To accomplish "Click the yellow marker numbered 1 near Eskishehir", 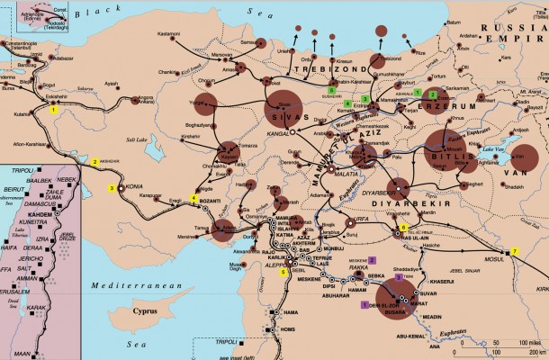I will pyautogui.click(x=54, y=109).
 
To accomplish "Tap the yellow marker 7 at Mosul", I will pyautogui.click(x=515, y=249).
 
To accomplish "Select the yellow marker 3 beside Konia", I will pyautogui.click(x=112, y=188).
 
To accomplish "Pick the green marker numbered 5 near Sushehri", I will pyautogui.click(x=332, y=91).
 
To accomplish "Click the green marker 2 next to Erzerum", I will pyautogui.click(x=433, y=94).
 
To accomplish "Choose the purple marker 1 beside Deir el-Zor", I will pyautogui.click(x=364, y=304).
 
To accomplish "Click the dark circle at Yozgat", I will pyautogui.click(x=203, y=103).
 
